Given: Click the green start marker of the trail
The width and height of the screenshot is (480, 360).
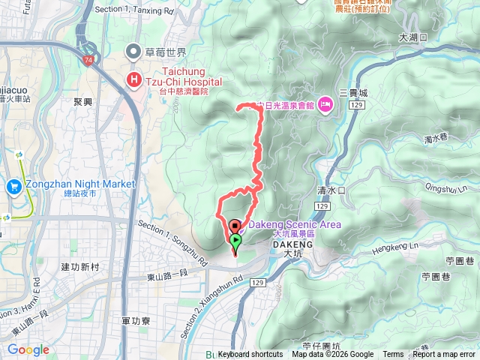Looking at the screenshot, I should point(235,241).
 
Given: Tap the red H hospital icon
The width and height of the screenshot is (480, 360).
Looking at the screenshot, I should point(134,79).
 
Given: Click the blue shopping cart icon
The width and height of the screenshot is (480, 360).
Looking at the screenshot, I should point(14,185).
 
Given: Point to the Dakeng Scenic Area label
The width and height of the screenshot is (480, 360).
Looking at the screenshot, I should point(294,224).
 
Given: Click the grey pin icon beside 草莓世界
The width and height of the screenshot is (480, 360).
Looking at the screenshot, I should point(134,52).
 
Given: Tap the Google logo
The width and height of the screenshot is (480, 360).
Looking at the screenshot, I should point(28,349).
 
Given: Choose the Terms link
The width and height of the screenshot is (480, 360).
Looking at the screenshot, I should point(393,355).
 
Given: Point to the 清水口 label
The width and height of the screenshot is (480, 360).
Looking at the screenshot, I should point(331,190).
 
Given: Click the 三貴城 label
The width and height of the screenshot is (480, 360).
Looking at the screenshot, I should point(354,93).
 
